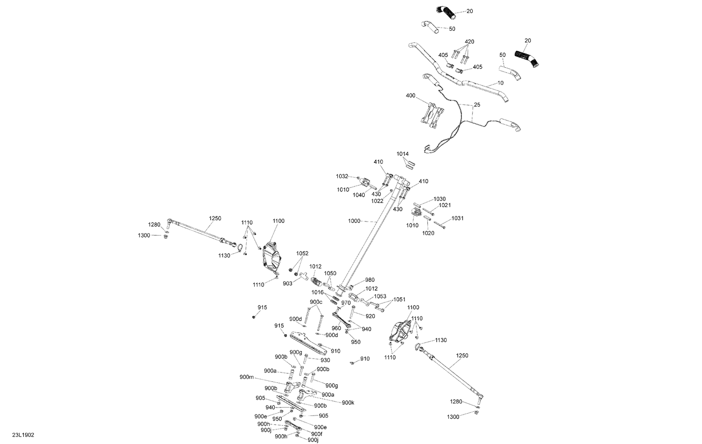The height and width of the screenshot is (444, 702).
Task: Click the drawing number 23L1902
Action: (23, 435)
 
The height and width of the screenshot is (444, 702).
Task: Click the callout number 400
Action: (410, 95)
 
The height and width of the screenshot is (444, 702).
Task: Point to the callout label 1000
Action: (354, 221)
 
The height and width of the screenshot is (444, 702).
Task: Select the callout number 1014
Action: (402, 154)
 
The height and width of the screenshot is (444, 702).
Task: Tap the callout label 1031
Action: (457, 218)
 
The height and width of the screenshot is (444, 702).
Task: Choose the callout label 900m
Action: (247, 377)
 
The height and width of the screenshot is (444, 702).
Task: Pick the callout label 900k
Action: (348, 403)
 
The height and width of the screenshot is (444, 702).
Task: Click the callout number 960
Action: (336, 329)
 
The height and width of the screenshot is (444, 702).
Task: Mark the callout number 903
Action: (287, 284)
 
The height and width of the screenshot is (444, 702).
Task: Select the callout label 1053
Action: (380, 296)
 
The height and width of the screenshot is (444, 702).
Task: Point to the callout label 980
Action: (370, 280)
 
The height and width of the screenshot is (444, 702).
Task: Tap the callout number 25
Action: (477, 105)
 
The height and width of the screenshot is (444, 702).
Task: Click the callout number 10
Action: (500, 83)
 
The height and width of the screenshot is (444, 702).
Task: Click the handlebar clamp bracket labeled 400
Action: (432, 115)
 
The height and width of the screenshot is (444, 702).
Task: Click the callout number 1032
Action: (342, 177)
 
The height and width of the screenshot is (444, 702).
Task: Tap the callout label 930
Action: (325, 360)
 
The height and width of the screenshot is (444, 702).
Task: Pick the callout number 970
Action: (346, 303)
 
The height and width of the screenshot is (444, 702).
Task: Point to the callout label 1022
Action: (377, 201)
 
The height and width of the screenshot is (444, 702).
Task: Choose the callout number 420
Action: (469, 42)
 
